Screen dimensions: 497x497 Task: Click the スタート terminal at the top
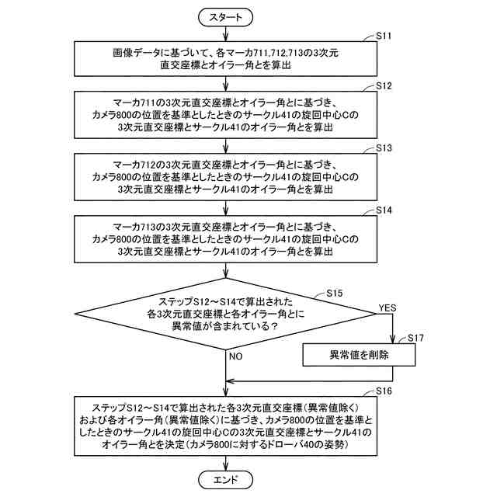pyautogui.click(x=225, y=16)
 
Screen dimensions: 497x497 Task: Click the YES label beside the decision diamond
pyautogui.click(x=387, y=308)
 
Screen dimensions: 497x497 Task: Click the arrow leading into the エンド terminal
pyautogui.click(x=225, y=463)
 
